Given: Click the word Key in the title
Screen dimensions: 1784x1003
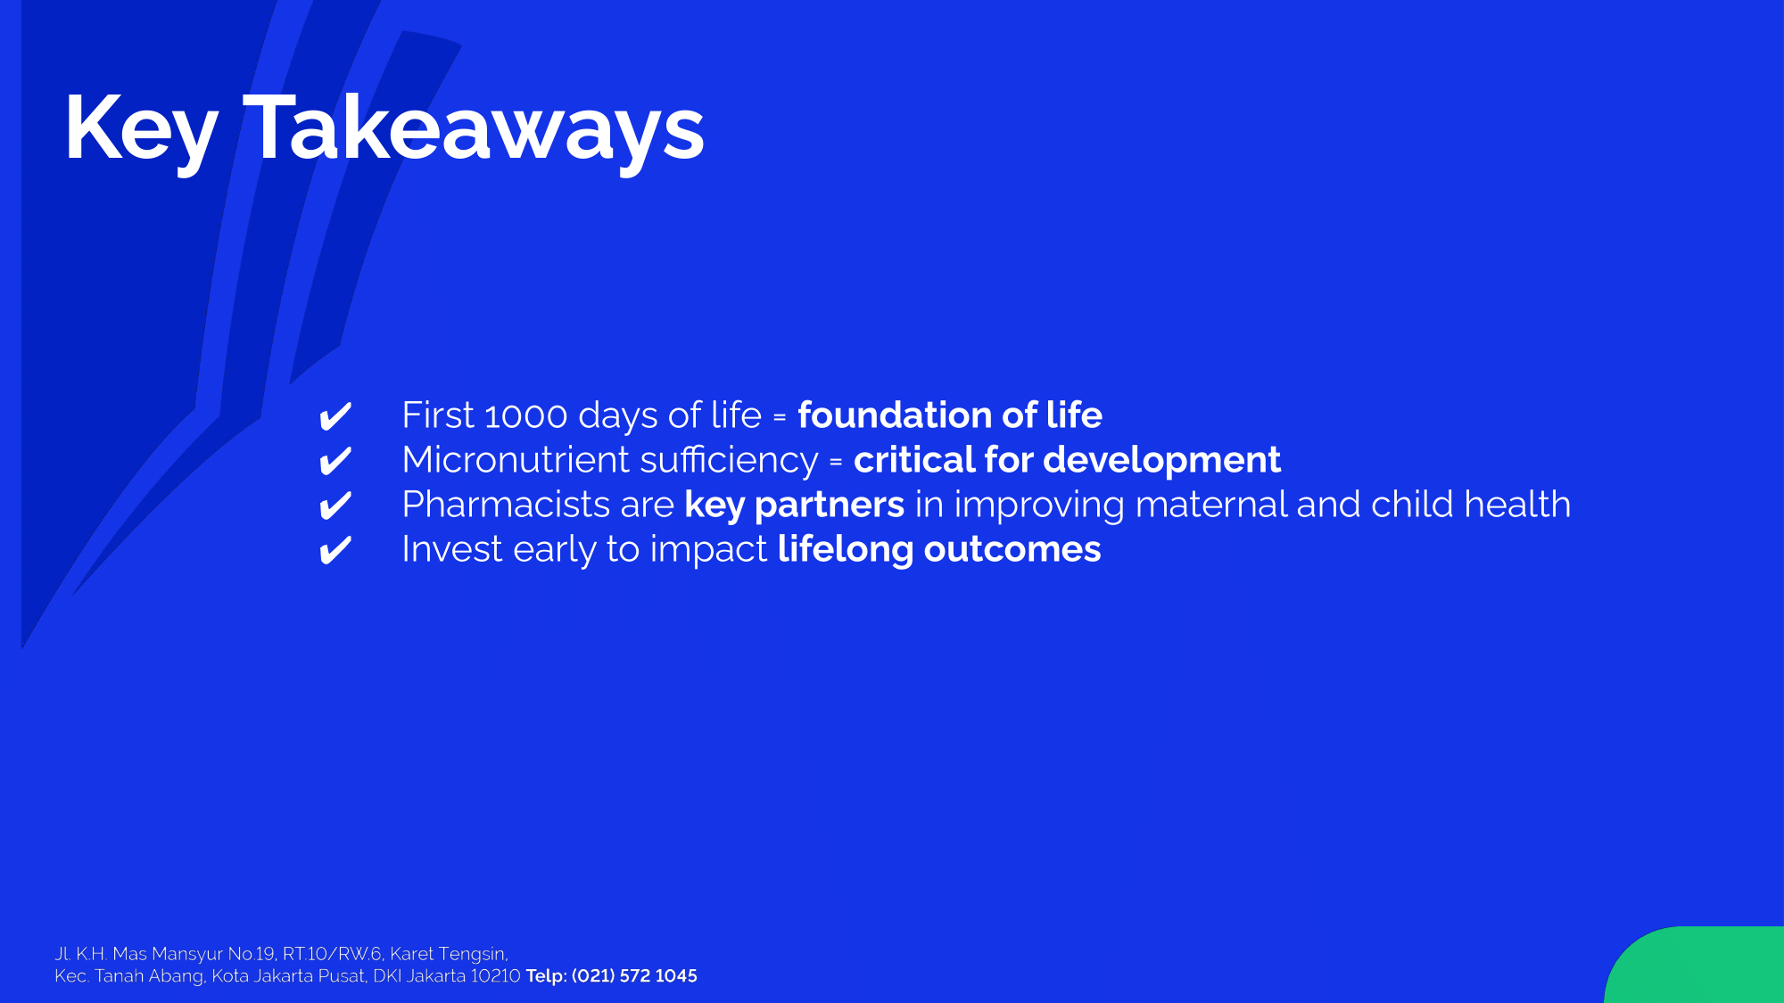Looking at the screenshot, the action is [141, 130].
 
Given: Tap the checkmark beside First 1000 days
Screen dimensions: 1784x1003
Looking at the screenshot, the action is [335, 416].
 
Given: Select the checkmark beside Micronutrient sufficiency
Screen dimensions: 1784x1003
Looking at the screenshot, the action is [335, 461].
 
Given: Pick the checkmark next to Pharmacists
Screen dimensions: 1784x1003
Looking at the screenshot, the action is [335, 506].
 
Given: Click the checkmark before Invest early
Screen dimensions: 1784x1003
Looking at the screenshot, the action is [335, 550].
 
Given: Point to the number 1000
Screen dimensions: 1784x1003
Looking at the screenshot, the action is [526, 416].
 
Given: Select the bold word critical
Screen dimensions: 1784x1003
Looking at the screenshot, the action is [914, 460].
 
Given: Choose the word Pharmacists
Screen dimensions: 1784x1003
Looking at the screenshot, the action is [507, 505].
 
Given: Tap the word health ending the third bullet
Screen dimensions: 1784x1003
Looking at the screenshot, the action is [1517, 504].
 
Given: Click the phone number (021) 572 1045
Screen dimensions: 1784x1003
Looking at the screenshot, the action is [634, 976].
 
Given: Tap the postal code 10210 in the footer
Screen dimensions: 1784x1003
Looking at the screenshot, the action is [495, 976].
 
